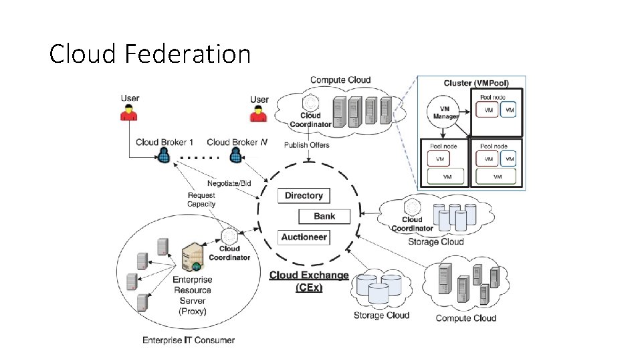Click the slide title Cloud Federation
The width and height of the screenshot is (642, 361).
point(150,53)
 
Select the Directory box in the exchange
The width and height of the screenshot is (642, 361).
point(304,196)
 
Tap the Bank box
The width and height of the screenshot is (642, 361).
point(324,216)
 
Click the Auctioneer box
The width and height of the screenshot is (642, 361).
point(304,237)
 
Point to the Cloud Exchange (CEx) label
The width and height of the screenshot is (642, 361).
point(309,281)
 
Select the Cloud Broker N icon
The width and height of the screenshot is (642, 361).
point(235,156)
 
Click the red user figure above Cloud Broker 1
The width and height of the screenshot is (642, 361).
point(130,114)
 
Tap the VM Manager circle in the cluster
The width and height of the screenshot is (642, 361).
point(445,112)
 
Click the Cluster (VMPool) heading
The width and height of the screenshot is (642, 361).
point(476,84)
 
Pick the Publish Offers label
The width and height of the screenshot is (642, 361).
point(307,145)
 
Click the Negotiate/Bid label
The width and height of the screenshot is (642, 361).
point(229,183)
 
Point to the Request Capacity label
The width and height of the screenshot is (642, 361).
point(201,200)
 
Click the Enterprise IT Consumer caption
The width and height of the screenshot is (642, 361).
point(189,340)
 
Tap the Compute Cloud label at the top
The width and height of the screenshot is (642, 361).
point(340,80)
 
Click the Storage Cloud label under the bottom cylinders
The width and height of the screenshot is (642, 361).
point(381,315)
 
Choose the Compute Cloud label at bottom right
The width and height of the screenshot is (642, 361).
point(466,318)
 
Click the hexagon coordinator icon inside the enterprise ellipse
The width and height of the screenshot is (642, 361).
point(229,237)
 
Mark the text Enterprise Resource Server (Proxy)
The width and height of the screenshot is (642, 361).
point(193,295)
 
